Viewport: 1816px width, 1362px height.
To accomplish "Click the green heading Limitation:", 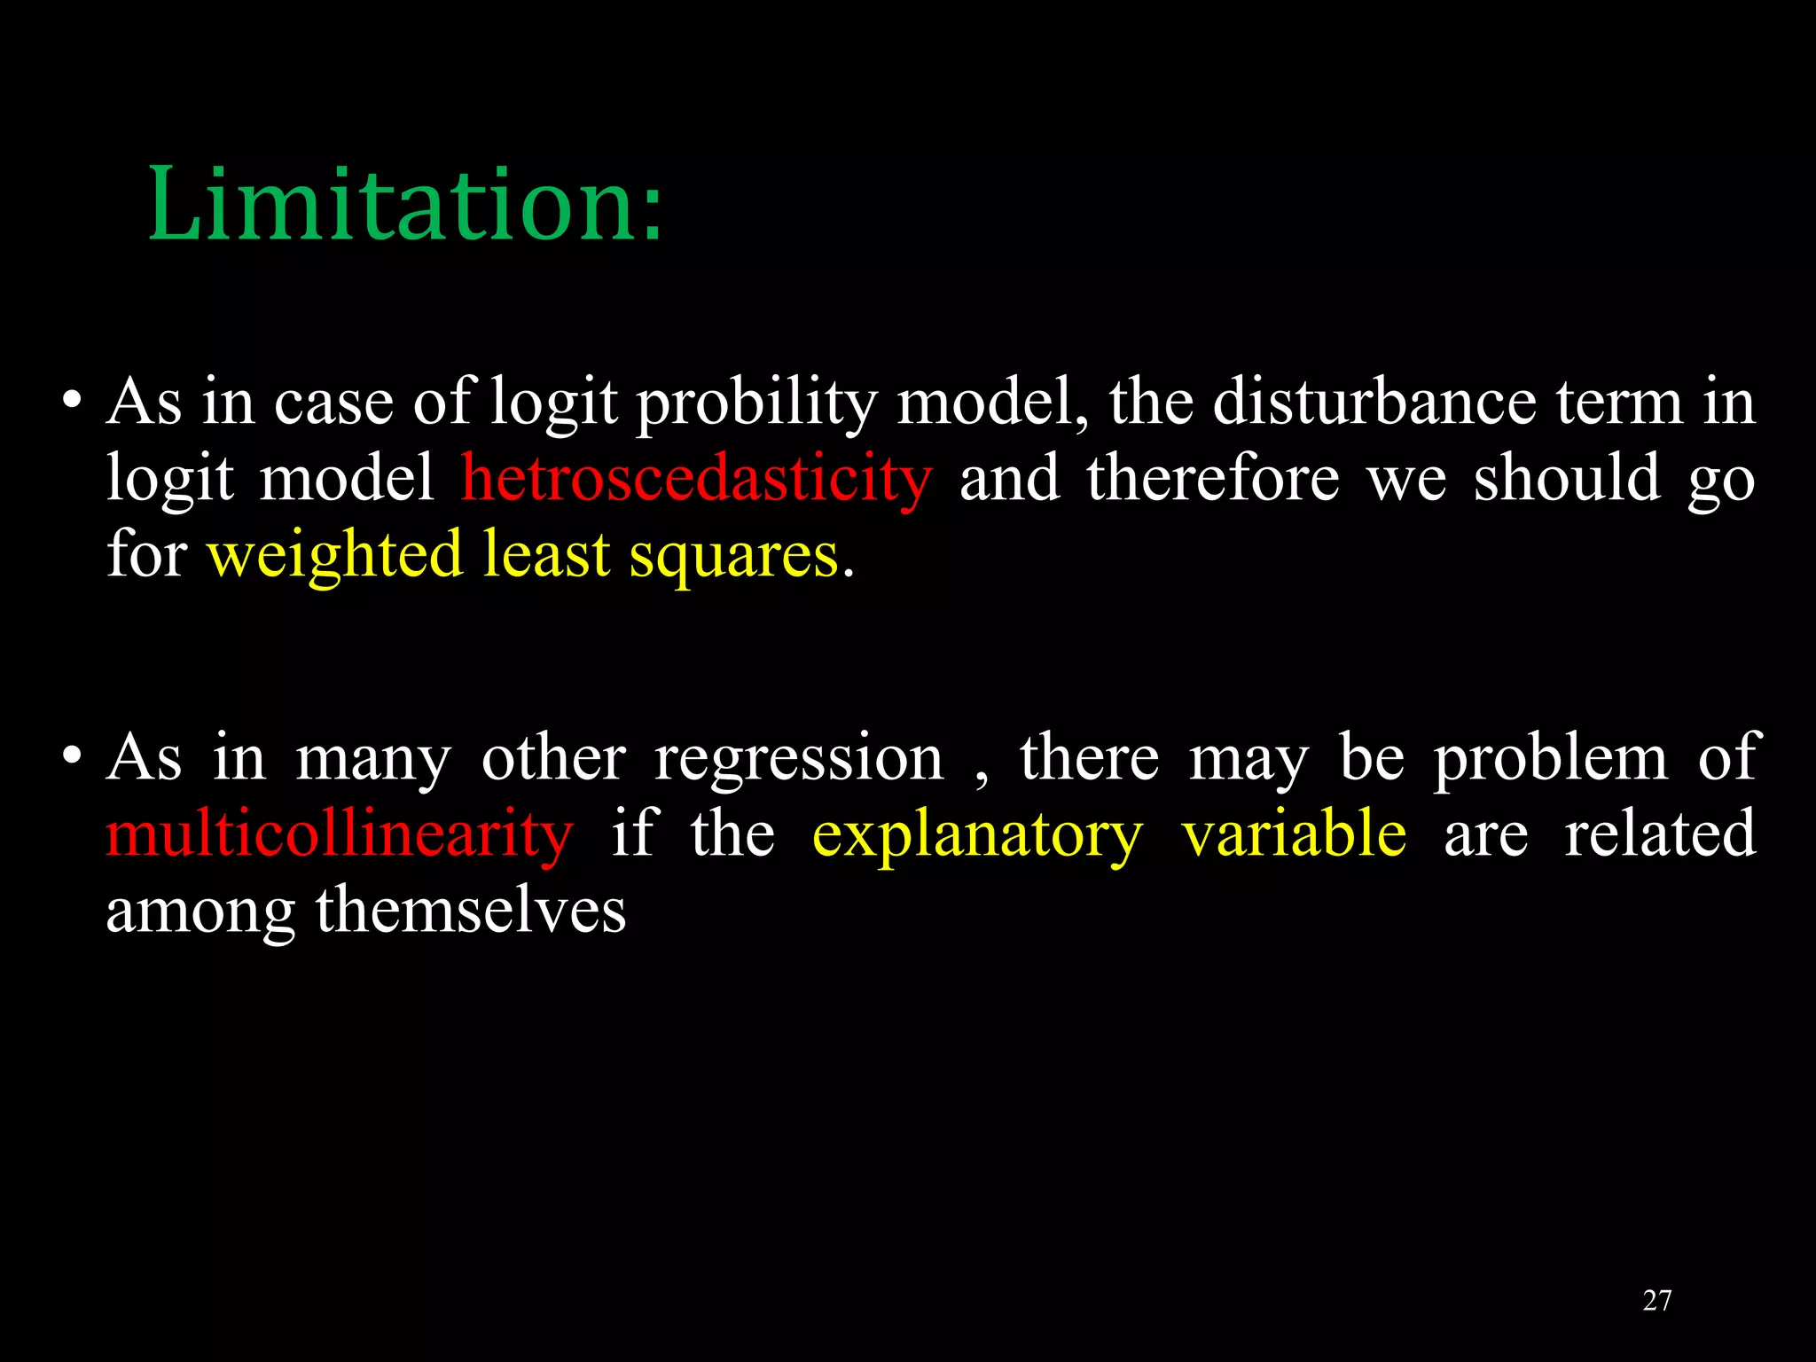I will (404, 206).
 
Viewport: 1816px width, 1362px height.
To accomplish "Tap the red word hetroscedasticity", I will (696, 479).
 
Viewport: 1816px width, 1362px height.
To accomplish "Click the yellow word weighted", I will (334, 556).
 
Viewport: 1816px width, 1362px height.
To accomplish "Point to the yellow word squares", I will (733, 556).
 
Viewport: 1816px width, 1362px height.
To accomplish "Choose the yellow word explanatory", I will (977, 834).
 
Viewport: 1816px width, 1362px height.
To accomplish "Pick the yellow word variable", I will (1294, 834).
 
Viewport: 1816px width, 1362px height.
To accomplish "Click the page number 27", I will (1656, 1301).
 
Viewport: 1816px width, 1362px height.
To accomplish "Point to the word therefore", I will (1212, 479).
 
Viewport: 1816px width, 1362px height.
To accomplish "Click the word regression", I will (799, 759).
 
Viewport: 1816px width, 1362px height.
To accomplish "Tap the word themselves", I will (471, 911).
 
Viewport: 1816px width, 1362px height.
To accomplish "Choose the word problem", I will (1551, 759).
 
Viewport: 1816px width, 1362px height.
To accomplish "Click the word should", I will (1567, 479).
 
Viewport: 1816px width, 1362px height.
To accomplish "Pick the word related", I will (1659, 834).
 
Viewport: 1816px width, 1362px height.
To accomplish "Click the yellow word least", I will (546, 556).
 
